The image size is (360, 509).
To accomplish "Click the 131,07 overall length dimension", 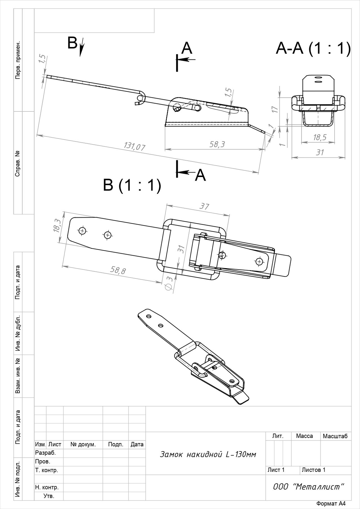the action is click(x=134, y=146).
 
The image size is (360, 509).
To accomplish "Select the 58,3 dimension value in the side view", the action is click(x=217, y=144).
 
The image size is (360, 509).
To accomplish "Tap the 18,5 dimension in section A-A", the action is click(x=320, y=137).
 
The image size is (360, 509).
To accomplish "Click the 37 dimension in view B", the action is click(x=204, y=206).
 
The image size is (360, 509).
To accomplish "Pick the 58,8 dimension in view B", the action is click(x=118, y=270).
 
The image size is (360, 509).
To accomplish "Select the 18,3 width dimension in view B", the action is click(x=57, y=225).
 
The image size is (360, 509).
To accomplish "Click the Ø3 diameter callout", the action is click(x=170, y=283).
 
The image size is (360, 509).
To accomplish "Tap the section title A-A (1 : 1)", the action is click(x=313, y=48).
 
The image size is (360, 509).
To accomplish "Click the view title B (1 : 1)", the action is click(x=132, y=185).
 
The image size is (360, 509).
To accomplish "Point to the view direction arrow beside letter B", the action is click(x=82, y=47).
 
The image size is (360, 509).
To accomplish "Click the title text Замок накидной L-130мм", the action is click(x=208, y=454).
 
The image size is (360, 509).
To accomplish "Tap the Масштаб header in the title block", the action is click(x=335, y=436).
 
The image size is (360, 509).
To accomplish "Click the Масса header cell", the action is click(x=304, y=436).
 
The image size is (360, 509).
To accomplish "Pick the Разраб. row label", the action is click(x=46, y=453).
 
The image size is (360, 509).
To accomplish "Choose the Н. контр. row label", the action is click(x=47, y=487).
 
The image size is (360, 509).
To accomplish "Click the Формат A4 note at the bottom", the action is click(x=331, y=504).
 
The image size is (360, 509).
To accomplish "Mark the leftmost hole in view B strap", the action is click(x=82, y=231).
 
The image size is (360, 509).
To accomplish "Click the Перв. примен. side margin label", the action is click(x=18, y=60).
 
